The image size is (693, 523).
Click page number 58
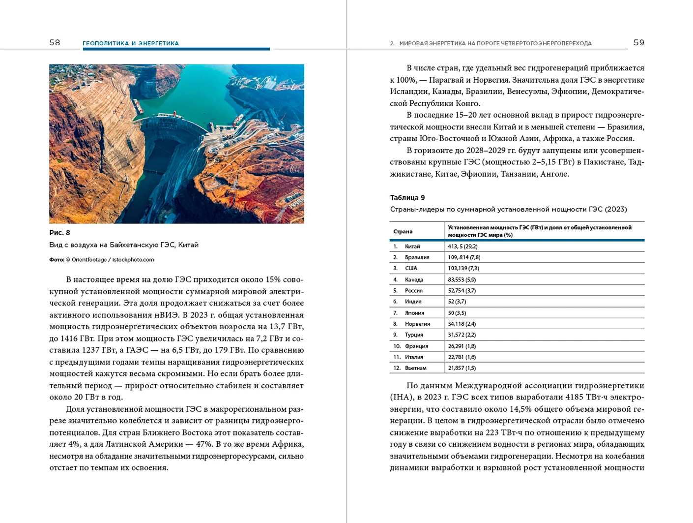55,43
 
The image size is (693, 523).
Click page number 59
638,43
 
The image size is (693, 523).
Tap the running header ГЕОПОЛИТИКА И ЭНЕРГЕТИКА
130,43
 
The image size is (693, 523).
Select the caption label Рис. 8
59,233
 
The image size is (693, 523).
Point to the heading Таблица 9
407,198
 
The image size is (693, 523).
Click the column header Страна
403,232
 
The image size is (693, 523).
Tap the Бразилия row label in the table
417,257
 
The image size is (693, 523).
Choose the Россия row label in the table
414,291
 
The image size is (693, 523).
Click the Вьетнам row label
415,368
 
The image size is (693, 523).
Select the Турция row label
414,335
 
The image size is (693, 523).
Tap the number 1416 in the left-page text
69,338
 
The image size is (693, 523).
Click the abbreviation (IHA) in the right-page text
399,397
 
